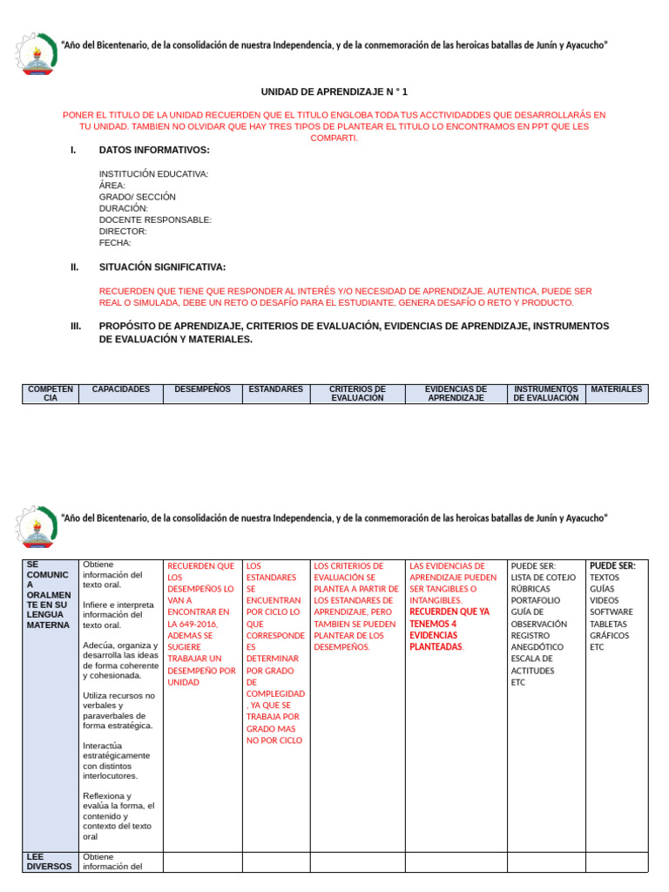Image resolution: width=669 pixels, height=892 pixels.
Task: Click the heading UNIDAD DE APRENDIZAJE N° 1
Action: point(334,91)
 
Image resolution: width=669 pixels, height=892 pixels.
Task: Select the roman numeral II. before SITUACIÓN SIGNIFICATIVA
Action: point(75,267)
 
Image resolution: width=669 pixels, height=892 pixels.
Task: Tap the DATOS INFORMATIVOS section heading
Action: point(154,151)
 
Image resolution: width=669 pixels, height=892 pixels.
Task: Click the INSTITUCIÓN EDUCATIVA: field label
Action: point(153,174)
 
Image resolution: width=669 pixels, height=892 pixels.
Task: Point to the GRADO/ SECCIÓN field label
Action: point(137,197)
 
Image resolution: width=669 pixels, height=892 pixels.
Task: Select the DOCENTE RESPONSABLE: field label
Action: point(155,220)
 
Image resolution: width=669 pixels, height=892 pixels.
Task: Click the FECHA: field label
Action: point(114,243)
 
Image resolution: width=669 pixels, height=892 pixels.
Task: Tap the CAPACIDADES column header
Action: point(121,389)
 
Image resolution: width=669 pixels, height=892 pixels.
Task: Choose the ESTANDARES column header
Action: point(275,389)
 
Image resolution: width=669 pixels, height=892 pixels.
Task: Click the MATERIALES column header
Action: point(617,389)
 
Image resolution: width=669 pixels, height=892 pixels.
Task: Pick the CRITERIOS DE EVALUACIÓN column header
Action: point(357,394)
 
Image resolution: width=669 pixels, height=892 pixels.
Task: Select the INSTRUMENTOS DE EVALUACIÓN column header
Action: point(546,394)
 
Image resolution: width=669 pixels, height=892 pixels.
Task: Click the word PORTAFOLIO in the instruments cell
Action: point(536,600)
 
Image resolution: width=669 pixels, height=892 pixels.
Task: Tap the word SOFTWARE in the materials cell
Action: point(612,612)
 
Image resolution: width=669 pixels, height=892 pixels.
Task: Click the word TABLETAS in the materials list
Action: point(608,624)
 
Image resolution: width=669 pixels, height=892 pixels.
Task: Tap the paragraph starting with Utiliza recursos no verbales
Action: point(119,711)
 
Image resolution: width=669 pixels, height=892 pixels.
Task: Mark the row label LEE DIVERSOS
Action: point(49,862)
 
